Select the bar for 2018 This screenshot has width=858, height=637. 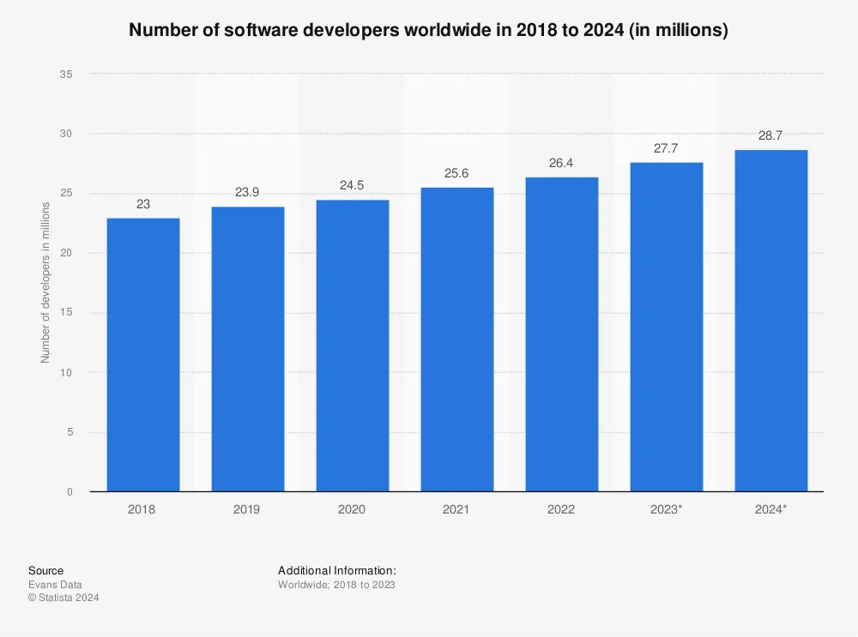coord(142,355)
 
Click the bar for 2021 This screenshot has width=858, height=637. coord(456,340)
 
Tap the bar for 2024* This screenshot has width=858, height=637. coord(770,321)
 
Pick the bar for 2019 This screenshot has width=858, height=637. coord(247,349)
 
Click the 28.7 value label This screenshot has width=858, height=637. coord(770,135)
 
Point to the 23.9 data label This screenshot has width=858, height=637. coord(247,192)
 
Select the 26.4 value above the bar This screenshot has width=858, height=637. coord(561,163)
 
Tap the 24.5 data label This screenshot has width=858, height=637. coord(352,185)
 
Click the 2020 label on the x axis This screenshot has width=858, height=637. coord(352,509)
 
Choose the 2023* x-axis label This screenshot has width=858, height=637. coord(666,509)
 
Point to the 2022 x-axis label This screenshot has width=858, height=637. coord(561,509)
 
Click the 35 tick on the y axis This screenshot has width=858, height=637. coord(66,75)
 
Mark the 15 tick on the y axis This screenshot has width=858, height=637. coord(66,313)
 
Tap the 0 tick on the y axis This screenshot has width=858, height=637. coord(69,492)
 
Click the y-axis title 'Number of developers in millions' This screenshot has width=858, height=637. coord(45,283)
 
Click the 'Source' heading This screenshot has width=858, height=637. coord(45,571)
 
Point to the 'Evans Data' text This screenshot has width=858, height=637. coord(55,585)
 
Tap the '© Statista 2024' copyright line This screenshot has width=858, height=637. coord(63,598)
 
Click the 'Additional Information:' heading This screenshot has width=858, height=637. coord(336,571)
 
